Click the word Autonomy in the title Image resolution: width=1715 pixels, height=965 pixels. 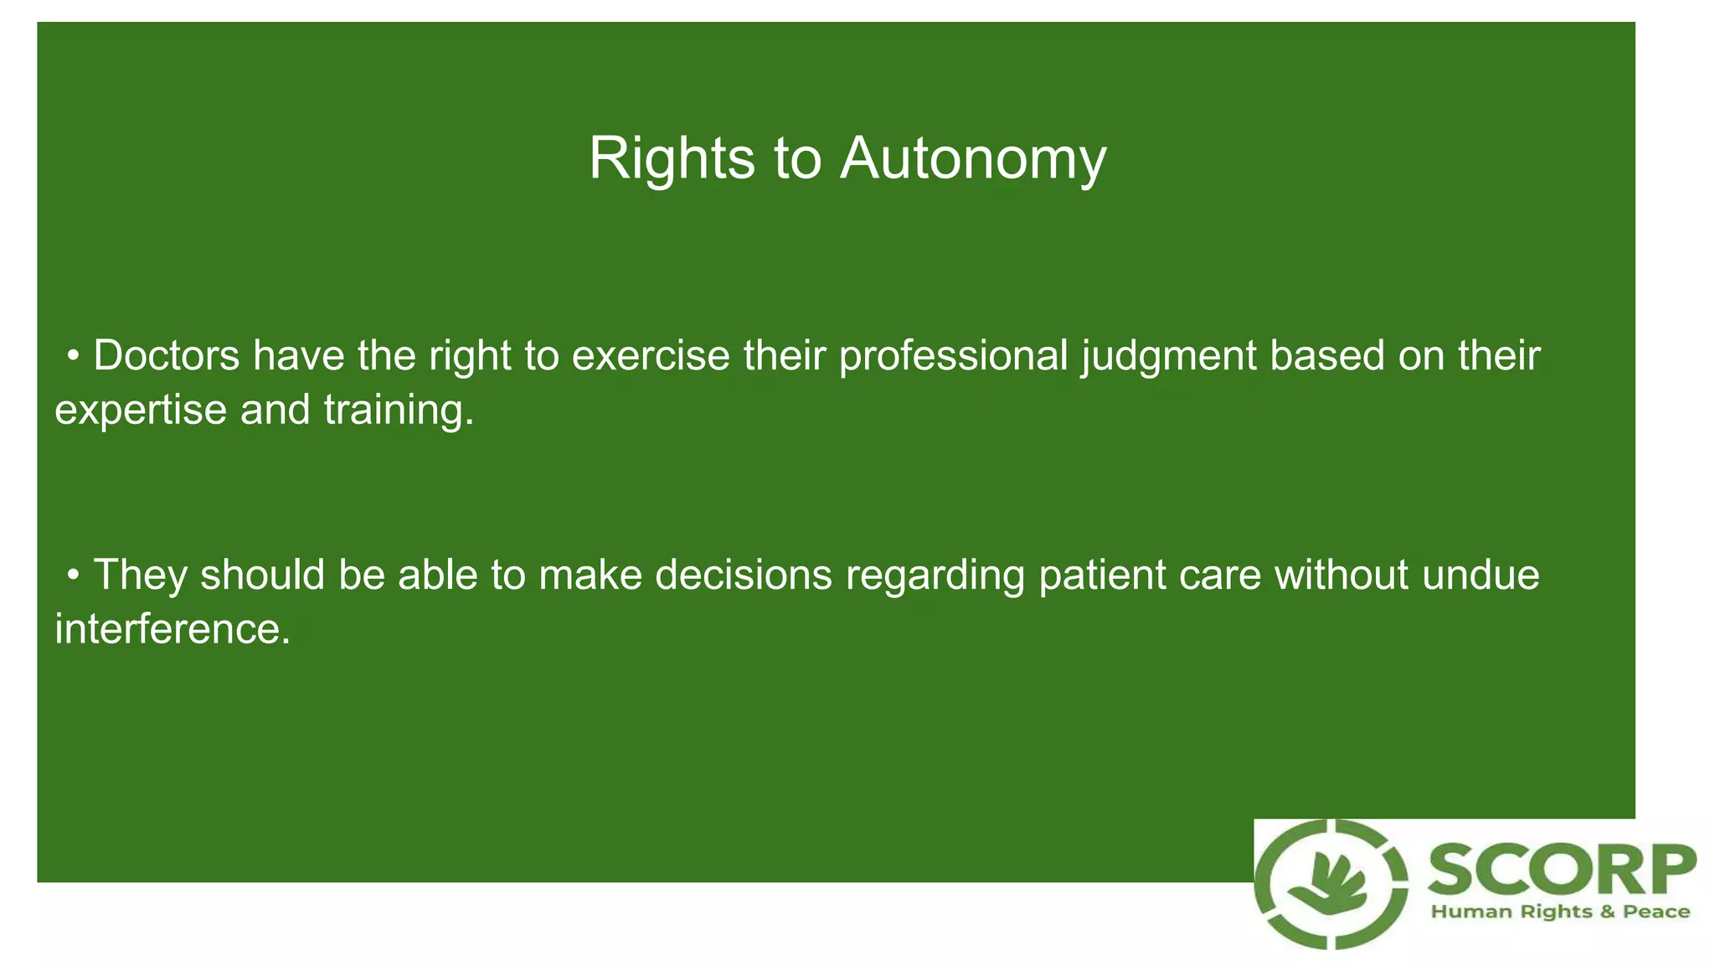coord(973,158)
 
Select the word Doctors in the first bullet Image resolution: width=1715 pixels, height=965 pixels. coord(167,355)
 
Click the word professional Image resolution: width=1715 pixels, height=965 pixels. coord(953,355)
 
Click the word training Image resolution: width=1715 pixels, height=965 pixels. coord(399,410)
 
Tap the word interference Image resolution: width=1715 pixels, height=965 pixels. coord(172,629)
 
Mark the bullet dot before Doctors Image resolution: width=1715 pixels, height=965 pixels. coord(74,357)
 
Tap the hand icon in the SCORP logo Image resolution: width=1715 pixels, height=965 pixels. coord(1331,885)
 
